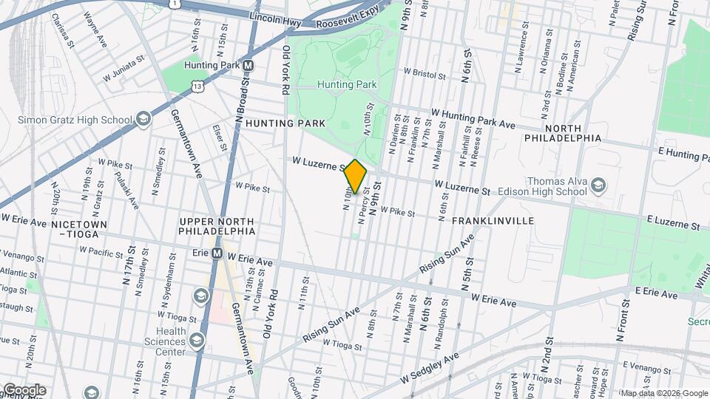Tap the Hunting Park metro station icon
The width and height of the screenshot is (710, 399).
pos(248,65)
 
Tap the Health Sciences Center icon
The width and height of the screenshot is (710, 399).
pos(197,340)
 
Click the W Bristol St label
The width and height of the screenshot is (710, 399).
pos(424,75)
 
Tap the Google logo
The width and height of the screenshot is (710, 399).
pos(24,389)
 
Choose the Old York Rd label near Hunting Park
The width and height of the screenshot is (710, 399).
pos(285,70)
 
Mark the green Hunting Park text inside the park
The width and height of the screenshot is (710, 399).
pos(347,84)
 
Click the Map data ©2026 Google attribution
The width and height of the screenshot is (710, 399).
pos(663,392)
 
